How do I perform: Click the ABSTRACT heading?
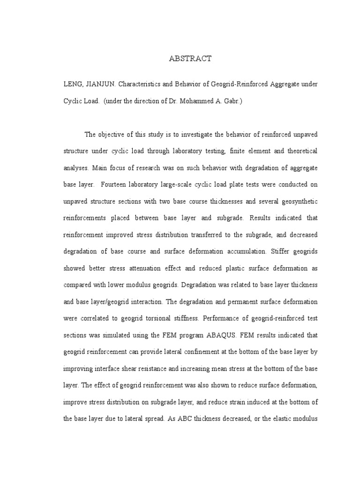[190, 59]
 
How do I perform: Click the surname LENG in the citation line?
[73, 83]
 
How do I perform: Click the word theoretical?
[298, 151]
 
